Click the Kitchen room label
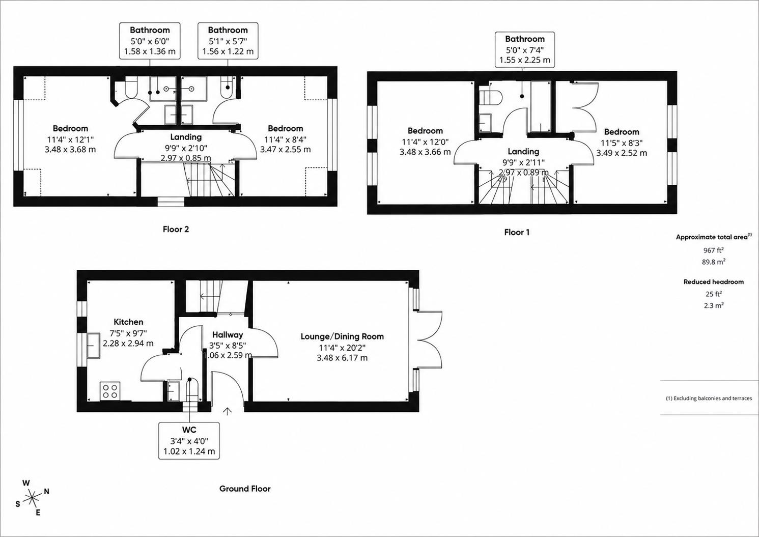128,322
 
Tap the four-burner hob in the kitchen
110,391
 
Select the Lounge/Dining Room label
342,336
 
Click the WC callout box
189,441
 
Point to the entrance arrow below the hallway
228,411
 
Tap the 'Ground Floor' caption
245,489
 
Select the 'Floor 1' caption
517,232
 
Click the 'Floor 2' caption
176,230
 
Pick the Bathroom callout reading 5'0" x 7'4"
525,50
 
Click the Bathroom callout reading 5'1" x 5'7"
228,41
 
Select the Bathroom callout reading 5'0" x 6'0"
150,41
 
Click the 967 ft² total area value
714,250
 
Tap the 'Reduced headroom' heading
714,282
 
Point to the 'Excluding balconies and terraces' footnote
709,398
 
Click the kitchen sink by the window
94,346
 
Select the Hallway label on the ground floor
228,335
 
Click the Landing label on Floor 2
186,137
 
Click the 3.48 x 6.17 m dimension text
342,358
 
